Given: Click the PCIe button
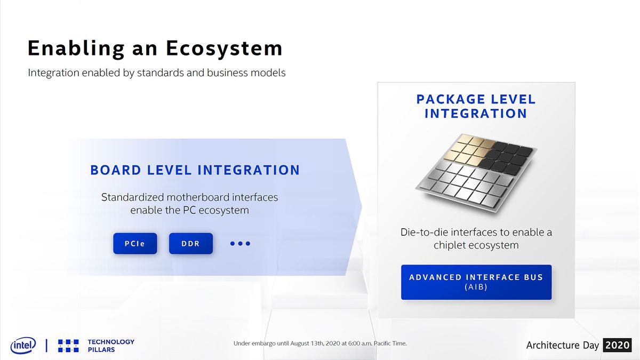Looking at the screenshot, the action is coord(135,243).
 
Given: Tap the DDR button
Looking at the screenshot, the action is coord(190,243).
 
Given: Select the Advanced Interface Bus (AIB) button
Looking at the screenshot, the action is coord(476,282).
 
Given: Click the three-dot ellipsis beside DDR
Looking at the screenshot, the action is coord(241,243).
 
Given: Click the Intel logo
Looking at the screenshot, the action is coord(23,345).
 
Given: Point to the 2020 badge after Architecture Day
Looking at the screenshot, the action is coord(618,345).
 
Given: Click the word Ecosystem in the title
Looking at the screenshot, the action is coord(225,49).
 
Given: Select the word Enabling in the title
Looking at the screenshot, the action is coord(76,49).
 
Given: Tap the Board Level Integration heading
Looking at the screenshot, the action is coord(195,170).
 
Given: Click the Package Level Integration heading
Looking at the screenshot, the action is coord(476,106).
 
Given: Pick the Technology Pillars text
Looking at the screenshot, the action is coord(111,346).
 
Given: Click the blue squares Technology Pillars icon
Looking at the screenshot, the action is coord(68,346).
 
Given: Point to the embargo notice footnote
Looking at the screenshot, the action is coord(320,343).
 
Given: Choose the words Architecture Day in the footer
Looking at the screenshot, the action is coord(563,346).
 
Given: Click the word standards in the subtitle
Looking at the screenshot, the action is coord(161,73).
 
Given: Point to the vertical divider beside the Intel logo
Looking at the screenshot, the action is coord(46,346).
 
